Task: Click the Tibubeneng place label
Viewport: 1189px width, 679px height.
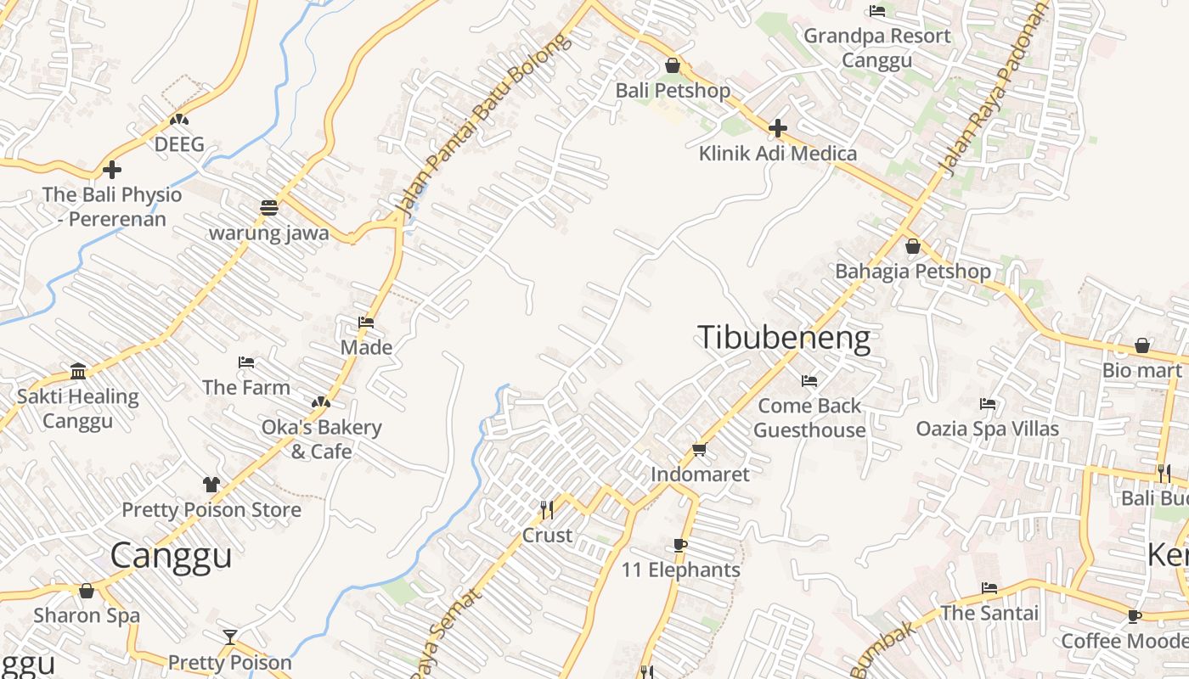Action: (784, 338)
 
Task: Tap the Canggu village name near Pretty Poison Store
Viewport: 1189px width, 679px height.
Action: (171, 555)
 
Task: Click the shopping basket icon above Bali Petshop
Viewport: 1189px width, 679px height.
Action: (673, 65)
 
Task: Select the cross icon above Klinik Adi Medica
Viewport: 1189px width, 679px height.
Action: (777, 128)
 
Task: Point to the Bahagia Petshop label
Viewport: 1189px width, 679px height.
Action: (913, 272)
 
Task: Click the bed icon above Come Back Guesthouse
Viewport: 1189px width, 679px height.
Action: (809, 381)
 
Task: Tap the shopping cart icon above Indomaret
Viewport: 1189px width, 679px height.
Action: (699, 449)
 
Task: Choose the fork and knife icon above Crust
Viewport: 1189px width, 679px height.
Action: (547, 509)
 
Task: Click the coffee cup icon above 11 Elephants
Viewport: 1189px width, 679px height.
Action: (679, 544)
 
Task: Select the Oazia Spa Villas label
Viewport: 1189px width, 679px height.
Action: (987, 429)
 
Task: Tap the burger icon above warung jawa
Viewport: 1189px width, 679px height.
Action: (269, 207)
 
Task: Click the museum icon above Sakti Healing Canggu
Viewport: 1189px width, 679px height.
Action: (78, 371)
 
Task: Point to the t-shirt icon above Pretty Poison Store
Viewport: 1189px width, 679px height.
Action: (211, 484)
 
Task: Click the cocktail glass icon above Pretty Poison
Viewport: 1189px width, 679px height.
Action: (229, 637)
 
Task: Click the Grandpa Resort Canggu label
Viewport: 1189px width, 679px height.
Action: (877, 48)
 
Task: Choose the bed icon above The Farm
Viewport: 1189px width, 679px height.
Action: (246, 362)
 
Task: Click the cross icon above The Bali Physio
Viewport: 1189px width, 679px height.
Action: (111, 169)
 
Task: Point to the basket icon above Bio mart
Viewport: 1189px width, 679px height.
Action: (1142, 345)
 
